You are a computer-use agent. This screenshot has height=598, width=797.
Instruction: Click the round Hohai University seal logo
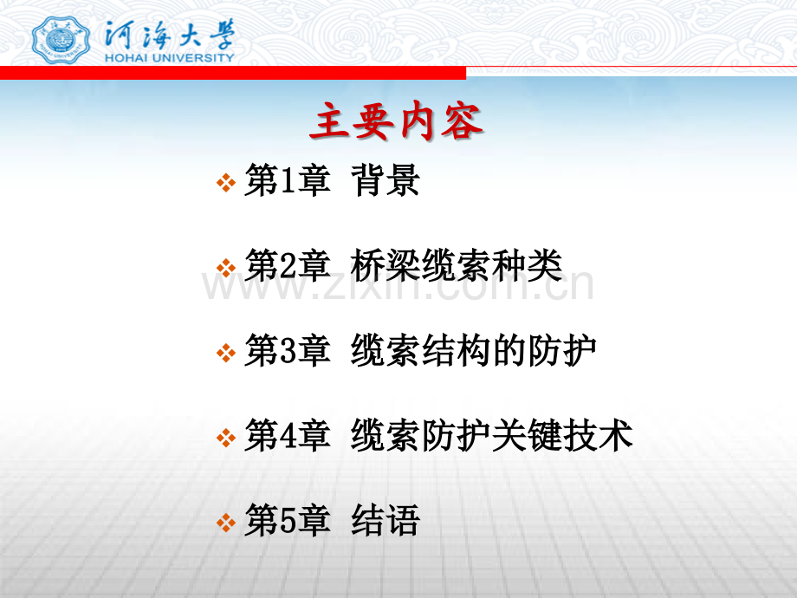(x=61, y=40)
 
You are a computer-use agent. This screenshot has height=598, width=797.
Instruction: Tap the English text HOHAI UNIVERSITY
(x=169, y=58)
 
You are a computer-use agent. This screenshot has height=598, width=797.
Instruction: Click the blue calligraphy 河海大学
(x=170, y=35)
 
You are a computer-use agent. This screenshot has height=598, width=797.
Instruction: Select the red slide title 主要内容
(x=396, y=121)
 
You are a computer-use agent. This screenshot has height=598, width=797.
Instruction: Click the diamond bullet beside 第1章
(x=226, y=183)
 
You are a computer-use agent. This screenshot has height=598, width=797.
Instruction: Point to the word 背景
(x=385, y=180)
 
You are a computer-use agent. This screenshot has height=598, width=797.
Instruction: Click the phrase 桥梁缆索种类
(x=457, y=265)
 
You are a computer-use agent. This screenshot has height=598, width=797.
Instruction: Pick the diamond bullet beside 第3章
(x=226, y=353)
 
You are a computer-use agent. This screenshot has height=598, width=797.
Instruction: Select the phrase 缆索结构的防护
(x=474, y=350)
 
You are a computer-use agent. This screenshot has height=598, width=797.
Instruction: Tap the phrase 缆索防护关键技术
(x=491, y=435)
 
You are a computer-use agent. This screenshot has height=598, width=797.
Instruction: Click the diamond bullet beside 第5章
(x=226, y=523)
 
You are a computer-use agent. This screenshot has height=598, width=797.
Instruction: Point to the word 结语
(x=385, y=520)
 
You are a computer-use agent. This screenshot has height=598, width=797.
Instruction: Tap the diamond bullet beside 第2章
(x=226, y=268)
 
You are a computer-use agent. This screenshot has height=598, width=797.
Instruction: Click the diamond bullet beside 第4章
(x=226, y=438)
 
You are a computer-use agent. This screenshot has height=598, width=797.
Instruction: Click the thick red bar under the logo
(x=233, y=73)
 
